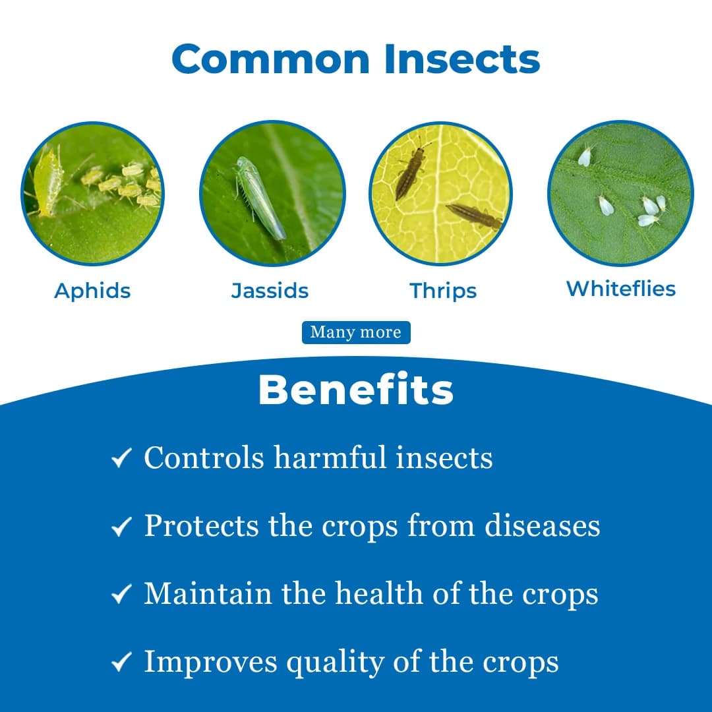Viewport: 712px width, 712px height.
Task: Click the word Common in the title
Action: (272, 59)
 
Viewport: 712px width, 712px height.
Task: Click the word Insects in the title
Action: (462, 59)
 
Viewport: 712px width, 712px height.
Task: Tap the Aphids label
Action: (92, 291)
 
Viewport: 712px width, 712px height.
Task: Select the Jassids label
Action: (270, 291)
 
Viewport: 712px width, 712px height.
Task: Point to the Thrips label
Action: (443, 291)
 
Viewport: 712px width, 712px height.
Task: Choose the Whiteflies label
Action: (621, 289)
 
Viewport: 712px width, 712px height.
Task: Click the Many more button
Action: (356, 332)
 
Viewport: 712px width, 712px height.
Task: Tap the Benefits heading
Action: (356, 390)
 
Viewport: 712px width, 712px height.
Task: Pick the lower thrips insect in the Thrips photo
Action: (475, 216)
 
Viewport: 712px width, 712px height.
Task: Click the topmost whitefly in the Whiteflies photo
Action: (585, 156)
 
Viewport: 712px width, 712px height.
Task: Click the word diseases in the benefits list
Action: (543, 525)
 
